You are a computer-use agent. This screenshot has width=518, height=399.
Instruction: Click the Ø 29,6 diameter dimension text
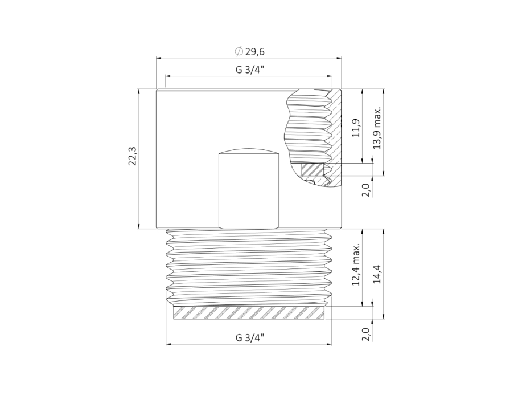pos(250,52)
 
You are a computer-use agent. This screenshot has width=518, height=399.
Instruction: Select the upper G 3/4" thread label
pos(249,70)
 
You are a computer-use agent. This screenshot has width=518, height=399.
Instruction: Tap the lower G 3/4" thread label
pos(249,337)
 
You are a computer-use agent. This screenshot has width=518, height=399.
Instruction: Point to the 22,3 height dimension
pos(132,157)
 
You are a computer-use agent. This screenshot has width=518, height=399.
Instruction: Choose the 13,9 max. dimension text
pos(376,128)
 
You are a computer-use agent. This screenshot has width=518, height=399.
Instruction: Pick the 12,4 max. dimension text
pos(356,266)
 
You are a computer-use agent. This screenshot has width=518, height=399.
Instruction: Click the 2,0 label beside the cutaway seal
pos(365,189)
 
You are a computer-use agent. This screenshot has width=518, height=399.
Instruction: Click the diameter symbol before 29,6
pos(239,52)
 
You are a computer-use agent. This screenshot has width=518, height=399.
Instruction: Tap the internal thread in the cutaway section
pos(310,128)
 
